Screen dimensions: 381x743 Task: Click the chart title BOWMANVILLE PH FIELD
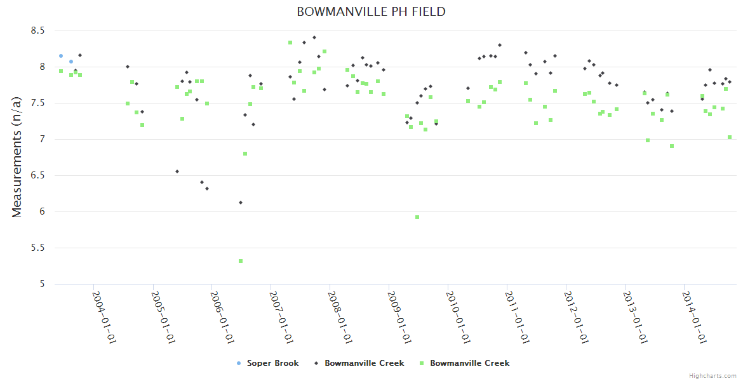(x=371, y=12)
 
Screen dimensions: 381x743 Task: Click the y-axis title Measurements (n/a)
(x=17, y=157)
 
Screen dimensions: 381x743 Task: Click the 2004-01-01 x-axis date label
(x=104, y=317)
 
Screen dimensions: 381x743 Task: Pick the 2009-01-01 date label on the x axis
(x=399, y=317)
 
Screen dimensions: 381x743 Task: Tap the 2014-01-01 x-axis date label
(x=695, y=317)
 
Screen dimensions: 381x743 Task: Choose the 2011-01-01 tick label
(x=518, y=317)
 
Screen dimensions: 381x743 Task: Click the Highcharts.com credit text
(x=713, y=376)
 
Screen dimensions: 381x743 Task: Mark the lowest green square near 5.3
(x=241, y=261)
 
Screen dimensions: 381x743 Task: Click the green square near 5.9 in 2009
(x=417, y=217)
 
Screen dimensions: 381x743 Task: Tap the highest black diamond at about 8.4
(x=314, y=37)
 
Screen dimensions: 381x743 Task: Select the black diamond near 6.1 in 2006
(x=241, y=203)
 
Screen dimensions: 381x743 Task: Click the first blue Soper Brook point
(x=61, y=56)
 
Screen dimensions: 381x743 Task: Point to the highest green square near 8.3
(x=290, y=43)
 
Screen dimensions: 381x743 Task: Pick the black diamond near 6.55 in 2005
(x=177, y=171)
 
